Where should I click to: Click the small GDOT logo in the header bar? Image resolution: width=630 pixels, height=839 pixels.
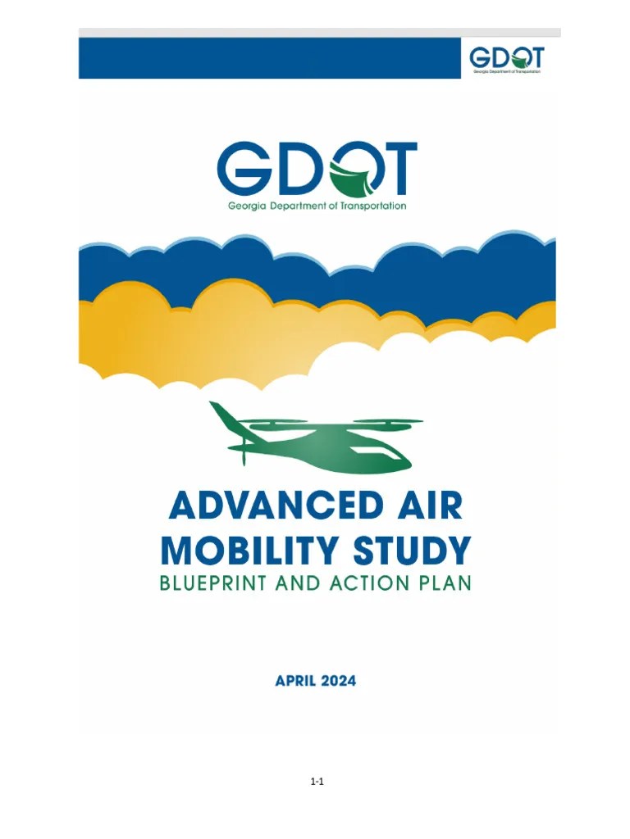[x=506, y=58]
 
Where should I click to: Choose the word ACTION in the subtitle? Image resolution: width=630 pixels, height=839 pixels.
[x=382, y=584]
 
